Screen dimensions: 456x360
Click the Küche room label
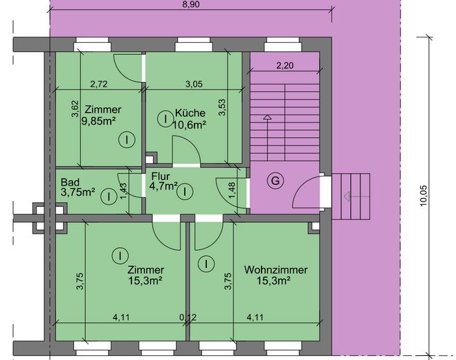[190, 113]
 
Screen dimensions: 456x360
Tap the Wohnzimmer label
[275, 270]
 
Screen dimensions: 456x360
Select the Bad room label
[70, 182]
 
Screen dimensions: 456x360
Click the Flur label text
[161, 177]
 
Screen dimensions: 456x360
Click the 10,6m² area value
[190, 125]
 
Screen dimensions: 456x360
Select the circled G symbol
[275, 181]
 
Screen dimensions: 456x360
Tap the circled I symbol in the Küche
[165, 119]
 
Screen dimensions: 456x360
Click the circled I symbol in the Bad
[109, 197]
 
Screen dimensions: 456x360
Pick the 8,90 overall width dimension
[192, 4]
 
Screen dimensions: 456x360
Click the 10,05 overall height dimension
[423, 196]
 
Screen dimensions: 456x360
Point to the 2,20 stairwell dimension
[285, 65]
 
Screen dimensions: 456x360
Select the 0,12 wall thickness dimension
[188, 317]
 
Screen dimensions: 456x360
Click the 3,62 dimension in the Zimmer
[75, 109]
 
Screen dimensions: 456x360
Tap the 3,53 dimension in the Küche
[222, 108]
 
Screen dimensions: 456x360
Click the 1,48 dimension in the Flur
[232, 190]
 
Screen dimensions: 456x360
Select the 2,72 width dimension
[99, 84]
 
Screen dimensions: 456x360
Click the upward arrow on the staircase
[267, 138]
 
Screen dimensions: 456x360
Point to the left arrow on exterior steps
[356, 197]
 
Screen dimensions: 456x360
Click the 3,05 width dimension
[194, 84]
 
